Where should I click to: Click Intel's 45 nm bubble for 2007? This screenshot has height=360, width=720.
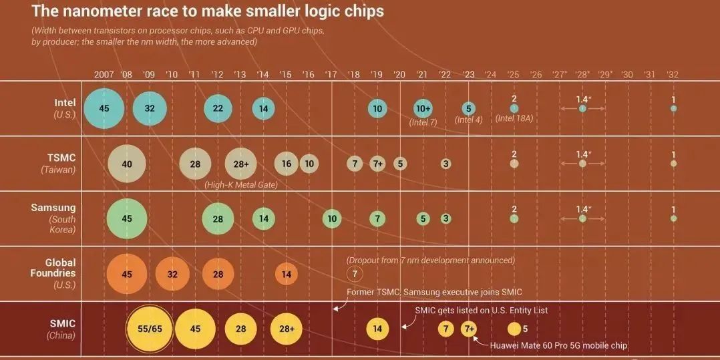(x=104, y=108)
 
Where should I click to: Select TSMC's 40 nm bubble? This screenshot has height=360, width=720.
(x=126, y=164)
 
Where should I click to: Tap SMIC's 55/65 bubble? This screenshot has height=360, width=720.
(x=149, y=329)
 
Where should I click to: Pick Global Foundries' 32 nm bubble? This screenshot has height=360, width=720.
(x=172, y=274)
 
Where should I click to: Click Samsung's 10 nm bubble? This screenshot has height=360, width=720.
(x=332, y=218)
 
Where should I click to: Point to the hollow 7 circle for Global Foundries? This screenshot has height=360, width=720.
(x=355, y=273)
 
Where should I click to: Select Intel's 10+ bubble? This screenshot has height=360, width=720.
(x=423, y=109)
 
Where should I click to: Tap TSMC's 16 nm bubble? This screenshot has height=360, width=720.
(x=286, y=164)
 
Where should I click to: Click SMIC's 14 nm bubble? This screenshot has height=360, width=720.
(x=377, y=329)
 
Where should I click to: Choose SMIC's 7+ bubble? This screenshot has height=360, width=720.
(x=469, y=329)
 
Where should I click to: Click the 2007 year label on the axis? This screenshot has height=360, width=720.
(x=104, y=74)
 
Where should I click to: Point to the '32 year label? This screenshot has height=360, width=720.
(x=673, y=74)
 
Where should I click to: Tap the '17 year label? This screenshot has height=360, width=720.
(x=331, y=74)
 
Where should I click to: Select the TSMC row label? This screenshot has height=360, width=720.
(x=63, y=158)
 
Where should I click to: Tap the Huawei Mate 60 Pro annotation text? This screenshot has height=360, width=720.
(x=558, y=345)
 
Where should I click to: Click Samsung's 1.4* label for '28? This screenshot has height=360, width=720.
(x=583, y=209)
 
